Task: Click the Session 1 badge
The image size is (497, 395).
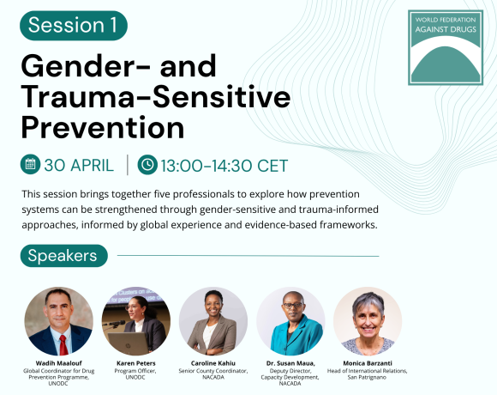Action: click(x=73, y=25)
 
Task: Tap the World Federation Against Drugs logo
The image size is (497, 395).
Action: click(x=445, y=46)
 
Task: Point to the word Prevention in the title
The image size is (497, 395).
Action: click(x=102, y=127)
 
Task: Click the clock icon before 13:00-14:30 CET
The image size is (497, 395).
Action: click(x=147, y=164)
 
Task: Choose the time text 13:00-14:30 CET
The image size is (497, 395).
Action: click(x=225, y=165)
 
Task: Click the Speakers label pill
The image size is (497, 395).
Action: click(x=63, y=255)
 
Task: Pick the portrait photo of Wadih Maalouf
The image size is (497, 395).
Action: click(x=58, y=321)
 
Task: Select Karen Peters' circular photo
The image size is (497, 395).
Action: click(x=135, y=321)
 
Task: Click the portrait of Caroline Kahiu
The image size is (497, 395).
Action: click(x=213, y=321)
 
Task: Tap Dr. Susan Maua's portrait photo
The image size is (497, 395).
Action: click(x=290, y=321)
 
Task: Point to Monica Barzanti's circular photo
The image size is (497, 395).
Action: click(x=368, y=321)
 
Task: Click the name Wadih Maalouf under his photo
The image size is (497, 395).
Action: click(x=58, y=363)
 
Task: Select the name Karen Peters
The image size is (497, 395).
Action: click(x=135, y=363)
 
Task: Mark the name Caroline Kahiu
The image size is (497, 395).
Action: click(x=213, y=363)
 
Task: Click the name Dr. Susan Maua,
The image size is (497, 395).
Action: click(x=290, y=363)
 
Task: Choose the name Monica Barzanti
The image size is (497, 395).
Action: click(x=368, y=363)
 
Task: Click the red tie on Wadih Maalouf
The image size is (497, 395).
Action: click(x=63, y=345)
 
